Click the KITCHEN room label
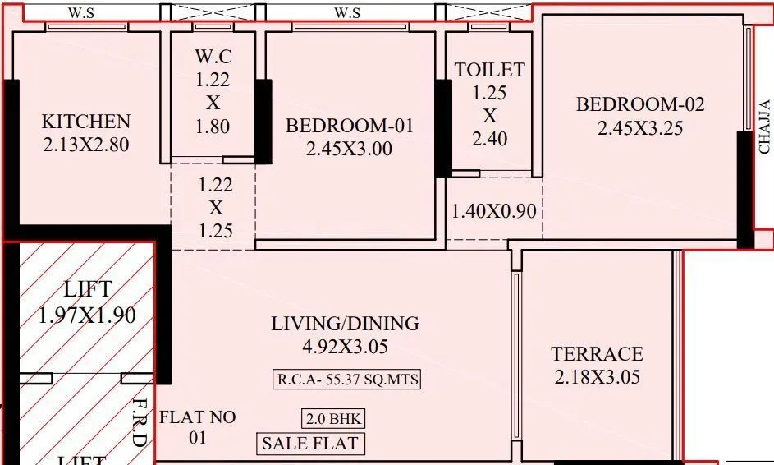coord(86,122)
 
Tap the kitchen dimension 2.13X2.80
coord(86,145)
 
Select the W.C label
coord(213,58)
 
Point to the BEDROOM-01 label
coord(350,126)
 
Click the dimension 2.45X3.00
coord(350,149)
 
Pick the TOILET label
coord(490,70)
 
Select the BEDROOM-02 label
coord(640,104)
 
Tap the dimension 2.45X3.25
coord(640,127)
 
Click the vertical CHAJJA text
coord(764,127)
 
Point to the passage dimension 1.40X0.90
coord(494,211)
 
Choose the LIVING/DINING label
coord(346,324)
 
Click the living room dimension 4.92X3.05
coord(346,346)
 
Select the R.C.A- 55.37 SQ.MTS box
coord(346,380)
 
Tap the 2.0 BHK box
coord(333,418)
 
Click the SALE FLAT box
coord(310,444)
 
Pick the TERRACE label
coord(597,354)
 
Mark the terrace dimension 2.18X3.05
coord(597,377)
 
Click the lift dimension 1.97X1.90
coord(88,315)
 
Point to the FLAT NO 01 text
coord(197,427)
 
